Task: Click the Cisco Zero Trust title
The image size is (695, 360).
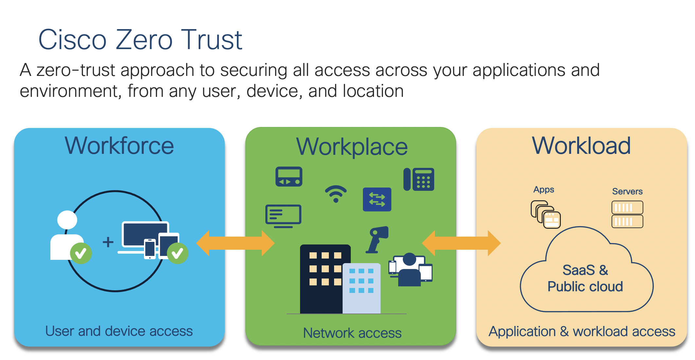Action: (x=140, y=40)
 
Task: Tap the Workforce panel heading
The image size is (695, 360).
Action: (x=119, y=146)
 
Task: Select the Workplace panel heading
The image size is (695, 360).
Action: (x=352, y=147)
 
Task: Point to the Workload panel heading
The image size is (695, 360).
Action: (x=581, y=146)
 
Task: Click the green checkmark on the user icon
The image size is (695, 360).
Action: (x=80, y=253)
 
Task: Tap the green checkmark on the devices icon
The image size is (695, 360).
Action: (x=177, y=253)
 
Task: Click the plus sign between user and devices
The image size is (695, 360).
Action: (x=108, y=242)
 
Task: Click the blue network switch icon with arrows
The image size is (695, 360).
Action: (x=377, y=199)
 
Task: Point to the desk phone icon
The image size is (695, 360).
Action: (x=419, y=179)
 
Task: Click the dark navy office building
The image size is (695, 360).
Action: (x=322, y=278)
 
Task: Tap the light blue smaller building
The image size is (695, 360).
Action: (x=362, y=288)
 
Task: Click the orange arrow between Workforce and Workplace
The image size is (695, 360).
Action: (x=235, y=243)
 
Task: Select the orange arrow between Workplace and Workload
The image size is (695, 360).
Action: (x=461, y=243)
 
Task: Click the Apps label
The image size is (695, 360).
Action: (x=544, y=189)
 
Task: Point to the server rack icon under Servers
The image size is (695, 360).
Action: (x=627, y=214)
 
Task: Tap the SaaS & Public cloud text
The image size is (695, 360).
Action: (x=585, y=279)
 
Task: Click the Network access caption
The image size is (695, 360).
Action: (x=352, y=333)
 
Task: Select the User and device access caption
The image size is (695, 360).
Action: (x=119, y=331)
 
